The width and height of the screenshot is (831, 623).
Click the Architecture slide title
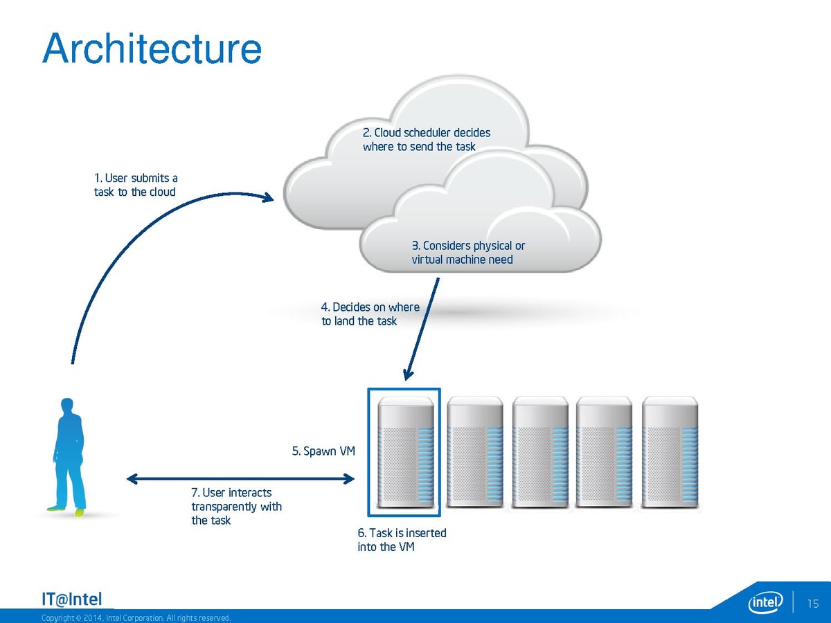pos(152,49)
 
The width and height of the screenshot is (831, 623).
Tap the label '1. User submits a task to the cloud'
pos(136,185)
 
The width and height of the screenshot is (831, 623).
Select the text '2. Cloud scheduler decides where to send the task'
pos(427,139)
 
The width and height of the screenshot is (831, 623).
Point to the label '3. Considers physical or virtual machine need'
pos(468,253)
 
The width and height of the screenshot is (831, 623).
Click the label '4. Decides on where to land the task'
pos(370,314)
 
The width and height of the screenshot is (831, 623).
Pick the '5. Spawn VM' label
pos(323,451)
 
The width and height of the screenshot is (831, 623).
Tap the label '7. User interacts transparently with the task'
pos(236,506)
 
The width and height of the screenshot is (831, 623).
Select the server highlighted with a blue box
pos(404,452)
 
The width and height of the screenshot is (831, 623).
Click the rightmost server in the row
pos(670,453)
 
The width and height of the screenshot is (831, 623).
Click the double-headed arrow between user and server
pos(240,478)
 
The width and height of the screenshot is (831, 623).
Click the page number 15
pos(813,604)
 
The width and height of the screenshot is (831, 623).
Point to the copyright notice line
pos(136,617)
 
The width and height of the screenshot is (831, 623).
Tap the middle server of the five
pos(539,453)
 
